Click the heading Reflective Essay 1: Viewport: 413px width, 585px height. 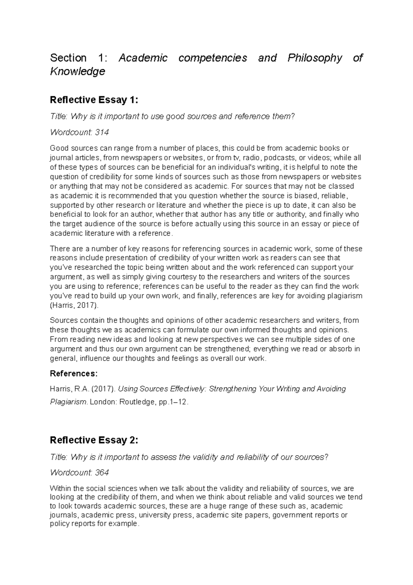click(94, 100)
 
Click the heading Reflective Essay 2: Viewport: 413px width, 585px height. click(94, 440)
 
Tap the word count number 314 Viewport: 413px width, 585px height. click(102, 132)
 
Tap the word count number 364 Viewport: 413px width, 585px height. click(102, 473)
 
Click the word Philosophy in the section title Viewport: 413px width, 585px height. click(315, 58)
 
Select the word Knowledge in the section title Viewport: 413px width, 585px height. click(77, 71)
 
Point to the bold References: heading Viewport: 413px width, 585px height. click(74, 374)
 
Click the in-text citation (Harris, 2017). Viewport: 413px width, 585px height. click(74, 305)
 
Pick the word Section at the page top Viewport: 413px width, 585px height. click(68, 58)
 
